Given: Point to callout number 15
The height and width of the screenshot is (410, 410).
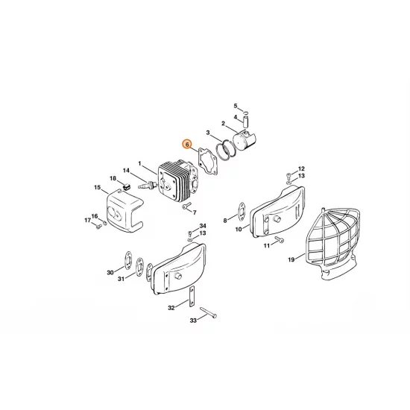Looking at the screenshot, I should (x=97, y=189).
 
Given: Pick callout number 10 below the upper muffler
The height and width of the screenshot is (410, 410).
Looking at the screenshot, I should (x=239, y=229).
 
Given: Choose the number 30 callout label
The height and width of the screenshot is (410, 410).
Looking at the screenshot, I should (x=111, y=273).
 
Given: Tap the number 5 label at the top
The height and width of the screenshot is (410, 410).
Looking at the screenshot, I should (x=236, y=106).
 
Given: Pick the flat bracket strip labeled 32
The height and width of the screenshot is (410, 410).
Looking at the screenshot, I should (x=190, y=297).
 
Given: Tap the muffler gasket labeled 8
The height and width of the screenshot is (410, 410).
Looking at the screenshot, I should (x=243, y=209).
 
